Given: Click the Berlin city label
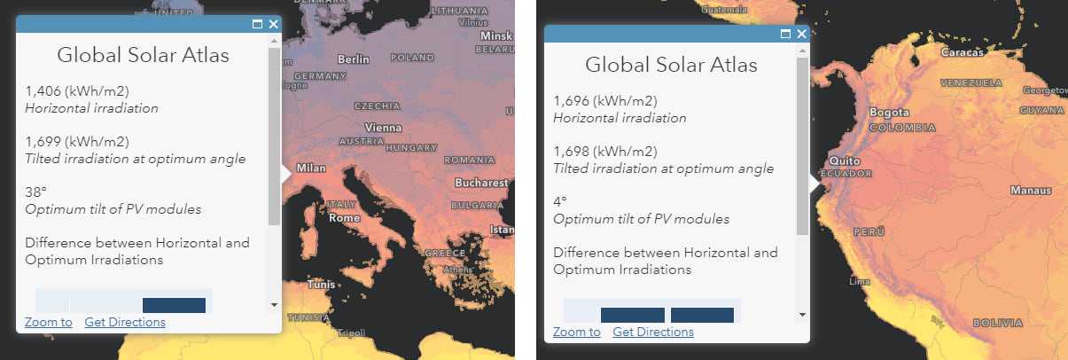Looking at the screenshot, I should click(353, 59).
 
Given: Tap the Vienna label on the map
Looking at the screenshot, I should click(384, 127).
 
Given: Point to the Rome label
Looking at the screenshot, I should click(344, 218).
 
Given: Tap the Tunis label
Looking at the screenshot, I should click(321, 286).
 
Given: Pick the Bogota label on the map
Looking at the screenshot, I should click(889, 113).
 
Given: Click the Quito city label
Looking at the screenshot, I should click(840, 160).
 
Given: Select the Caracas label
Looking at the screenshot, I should click(962, 53).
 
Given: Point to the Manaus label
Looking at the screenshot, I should click(1032, 191).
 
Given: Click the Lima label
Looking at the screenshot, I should click(861, 281).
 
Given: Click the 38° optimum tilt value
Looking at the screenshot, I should click(36, 192).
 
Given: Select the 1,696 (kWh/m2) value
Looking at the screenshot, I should click(605, 100).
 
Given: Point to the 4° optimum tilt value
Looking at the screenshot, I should click(560, 201).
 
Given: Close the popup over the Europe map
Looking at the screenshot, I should click(273, 25).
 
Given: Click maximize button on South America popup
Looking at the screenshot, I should click(785, 34).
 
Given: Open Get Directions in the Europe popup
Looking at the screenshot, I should click(125, 322).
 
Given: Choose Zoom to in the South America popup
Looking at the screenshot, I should click(576, 332).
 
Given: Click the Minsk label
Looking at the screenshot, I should click(495, 36).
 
